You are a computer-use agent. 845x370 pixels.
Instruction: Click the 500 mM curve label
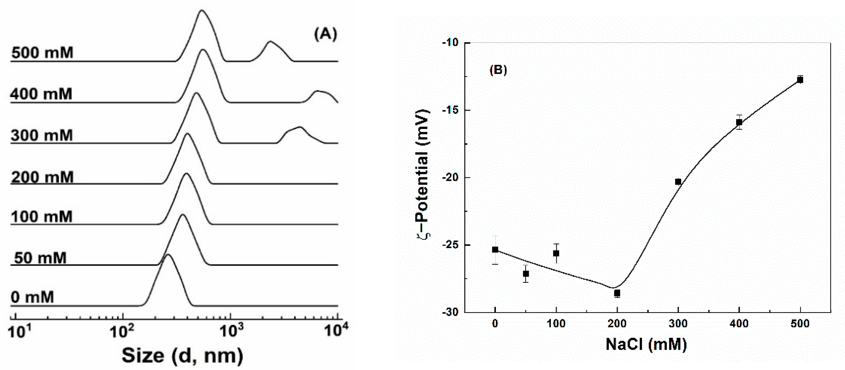click(42, 53)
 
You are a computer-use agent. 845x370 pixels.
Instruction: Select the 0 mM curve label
click(32, 297)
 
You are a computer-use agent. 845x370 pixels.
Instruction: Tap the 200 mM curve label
click(42, 177)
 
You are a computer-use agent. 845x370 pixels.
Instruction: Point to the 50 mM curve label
click(40, 258)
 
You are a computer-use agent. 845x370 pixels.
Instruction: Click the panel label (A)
click(325, 34)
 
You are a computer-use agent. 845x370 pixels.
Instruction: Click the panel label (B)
click(498, 70)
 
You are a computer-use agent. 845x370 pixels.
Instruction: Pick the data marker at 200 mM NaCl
click(617, 293)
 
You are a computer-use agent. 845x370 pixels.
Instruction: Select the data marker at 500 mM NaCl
click(800, 80)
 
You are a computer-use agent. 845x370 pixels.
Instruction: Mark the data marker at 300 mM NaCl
click(678, 182)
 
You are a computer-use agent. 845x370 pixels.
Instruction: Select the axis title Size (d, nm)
click(182, 355)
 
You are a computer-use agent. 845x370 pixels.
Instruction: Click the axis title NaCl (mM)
click(646, 344)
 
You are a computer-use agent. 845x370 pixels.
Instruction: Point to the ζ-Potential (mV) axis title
click(423, 174)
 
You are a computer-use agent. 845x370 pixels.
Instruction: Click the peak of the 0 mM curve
click(168, 255)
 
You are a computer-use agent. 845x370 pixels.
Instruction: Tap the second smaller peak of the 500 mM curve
click(270, 42)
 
